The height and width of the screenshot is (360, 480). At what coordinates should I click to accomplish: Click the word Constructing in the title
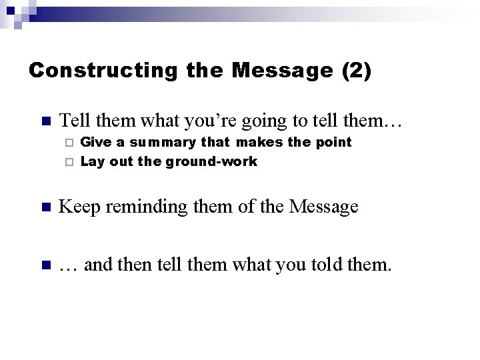[103, 70]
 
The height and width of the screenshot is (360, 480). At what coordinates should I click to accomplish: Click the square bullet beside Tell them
[45, 121]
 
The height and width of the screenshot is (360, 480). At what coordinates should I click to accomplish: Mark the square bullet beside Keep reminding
[45, 207]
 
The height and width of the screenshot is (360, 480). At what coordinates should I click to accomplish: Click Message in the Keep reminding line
[324, 207]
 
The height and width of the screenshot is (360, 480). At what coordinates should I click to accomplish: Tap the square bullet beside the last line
[45, 266]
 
